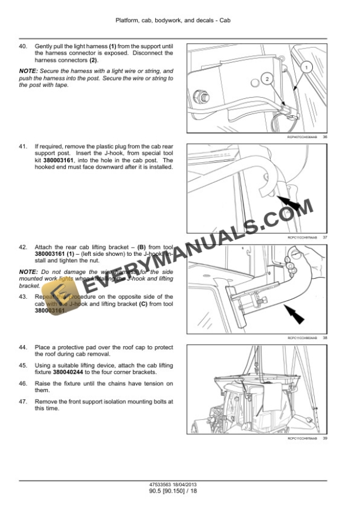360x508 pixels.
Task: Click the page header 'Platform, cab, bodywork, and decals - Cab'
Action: point(180,20)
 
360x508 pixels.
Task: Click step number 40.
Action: point(24,46)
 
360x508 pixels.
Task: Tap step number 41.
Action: point(24,146)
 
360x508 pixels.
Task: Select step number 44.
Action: point(24,347)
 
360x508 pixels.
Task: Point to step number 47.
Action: point(24,402)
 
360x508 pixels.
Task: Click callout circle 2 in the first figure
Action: point(266,78)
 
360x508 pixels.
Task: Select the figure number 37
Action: point(325,238)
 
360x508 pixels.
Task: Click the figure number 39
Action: point(325,438)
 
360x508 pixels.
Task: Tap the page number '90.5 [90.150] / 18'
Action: point(180,490)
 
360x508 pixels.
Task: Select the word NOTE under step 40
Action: point(28,71)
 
